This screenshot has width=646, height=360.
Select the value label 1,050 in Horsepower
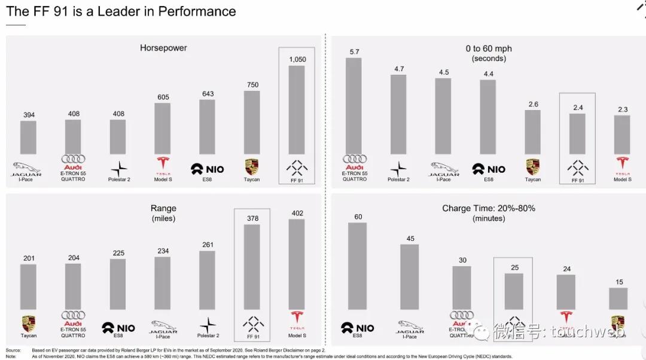point(297,59)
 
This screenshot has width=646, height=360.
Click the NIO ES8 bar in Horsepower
point(207,127)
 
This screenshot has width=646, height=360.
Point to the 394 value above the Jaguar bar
point(28,115)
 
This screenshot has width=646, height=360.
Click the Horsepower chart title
point(163,48)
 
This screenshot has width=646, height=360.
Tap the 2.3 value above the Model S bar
point(622,109)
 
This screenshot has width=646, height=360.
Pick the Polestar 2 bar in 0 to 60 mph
point(398,114)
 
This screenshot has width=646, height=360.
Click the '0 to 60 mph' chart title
point(489,48)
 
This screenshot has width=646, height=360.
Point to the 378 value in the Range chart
point(252,219)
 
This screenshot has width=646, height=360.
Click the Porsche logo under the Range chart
point(28,324)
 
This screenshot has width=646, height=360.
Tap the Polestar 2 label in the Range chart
point(208,336)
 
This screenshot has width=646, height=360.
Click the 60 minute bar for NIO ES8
point(358,266)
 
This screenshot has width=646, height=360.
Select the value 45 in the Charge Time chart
point(410,239)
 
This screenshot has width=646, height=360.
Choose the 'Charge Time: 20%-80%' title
point(489,208)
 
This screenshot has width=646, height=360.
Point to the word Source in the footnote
point(13,350)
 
